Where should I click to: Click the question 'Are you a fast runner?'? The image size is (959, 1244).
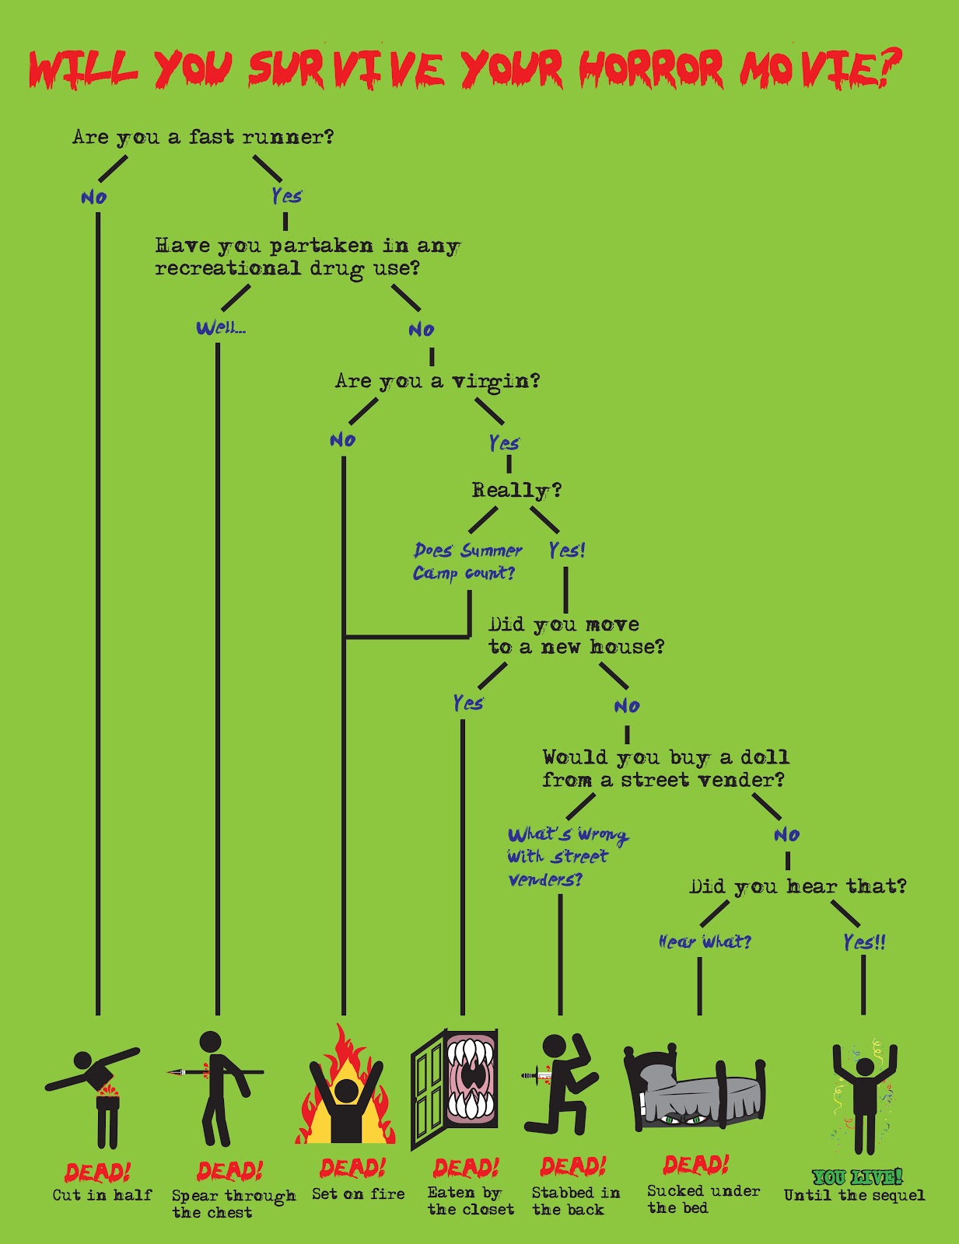click(203, 138)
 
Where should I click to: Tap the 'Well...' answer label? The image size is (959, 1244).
click(221, 327)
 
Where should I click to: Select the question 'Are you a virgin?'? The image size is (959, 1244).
click(437, 381)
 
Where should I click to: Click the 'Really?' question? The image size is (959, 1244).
click(516, 491)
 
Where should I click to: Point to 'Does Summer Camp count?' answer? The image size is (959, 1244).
click(467, 561)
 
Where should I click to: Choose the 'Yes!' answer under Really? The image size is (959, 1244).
click(566, 550)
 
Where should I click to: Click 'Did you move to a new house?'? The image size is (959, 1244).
click(576, 635)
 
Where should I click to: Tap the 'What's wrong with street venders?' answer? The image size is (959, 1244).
click(567, 856)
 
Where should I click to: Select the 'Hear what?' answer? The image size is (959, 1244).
click(705, 942)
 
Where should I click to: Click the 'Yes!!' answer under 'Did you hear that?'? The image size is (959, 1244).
click(864, 942)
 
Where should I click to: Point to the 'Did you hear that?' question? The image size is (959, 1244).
click(797, 886)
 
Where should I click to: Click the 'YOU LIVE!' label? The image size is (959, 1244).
click(857, 1177)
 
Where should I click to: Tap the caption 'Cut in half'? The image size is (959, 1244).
click(102, 1195)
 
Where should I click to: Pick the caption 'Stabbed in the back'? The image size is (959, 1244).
click(575, 1201)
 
